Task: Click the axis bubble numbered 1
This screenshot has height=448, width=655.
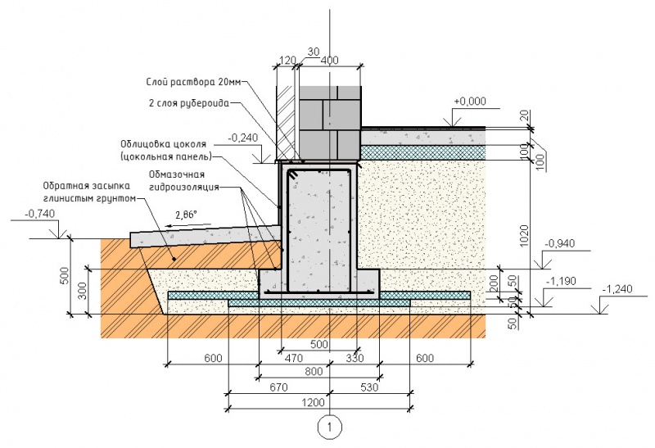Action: point(329,426)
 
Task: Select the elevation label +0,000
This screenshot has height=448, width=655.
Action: point(469,101)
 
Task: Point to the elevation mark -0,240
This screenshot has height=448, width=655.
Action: point(243,138)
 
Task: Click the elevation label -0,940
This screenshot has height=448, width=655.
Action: point(559,243)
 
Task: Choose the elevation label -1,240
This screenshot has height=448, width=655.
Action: point(617,289)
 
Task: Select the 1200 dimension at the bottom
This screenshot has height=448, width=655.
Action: point(319,402)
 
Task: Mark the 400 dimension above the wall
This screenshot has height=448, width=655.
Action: point(330,61)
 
